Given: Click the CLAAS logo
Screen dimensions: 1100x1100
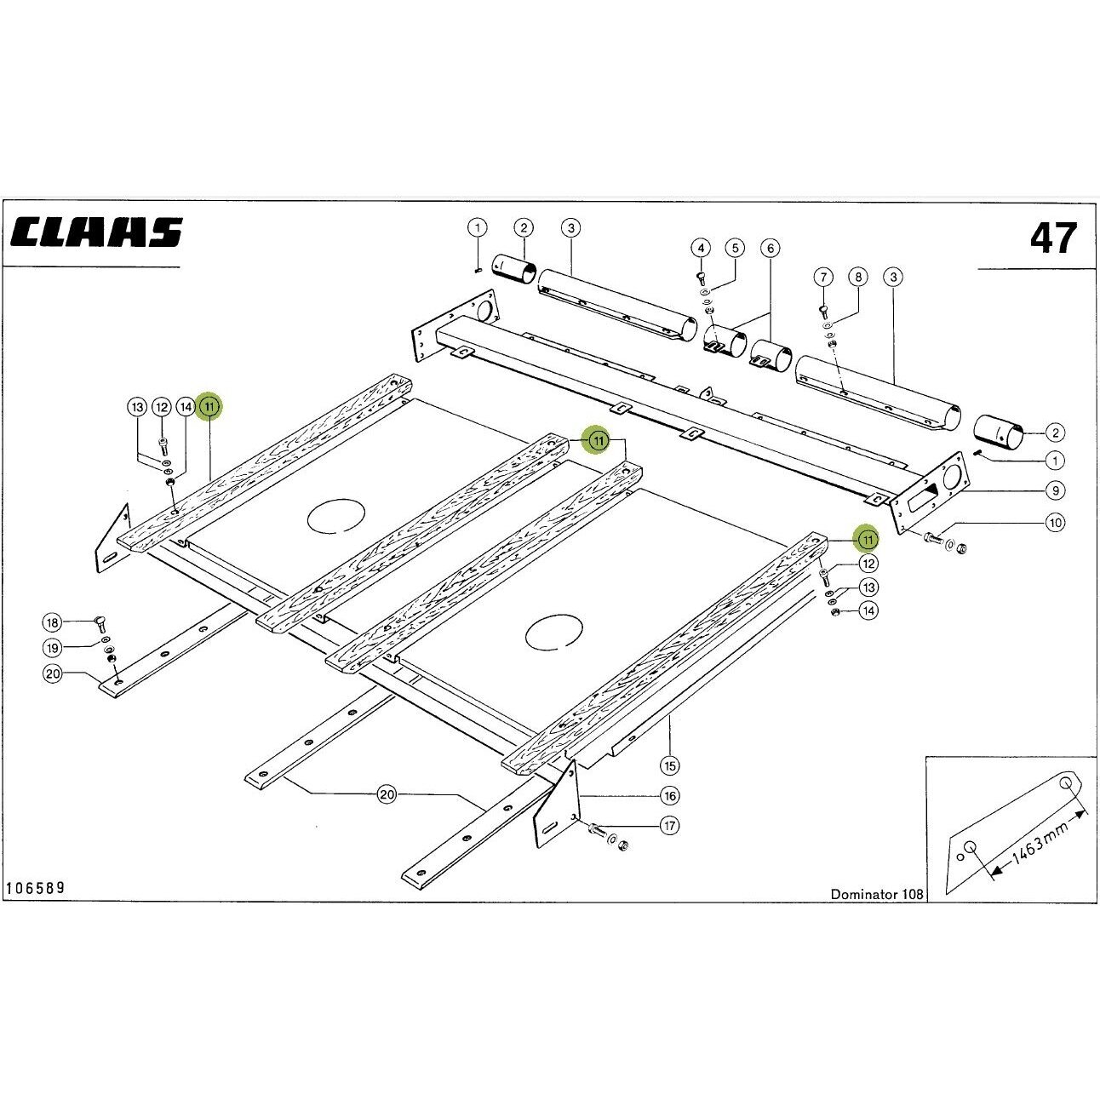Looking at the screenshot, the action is click(x=96, y=232).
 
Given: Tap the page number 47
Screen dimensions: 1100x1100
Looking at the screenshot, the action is click(x=1053, y=238).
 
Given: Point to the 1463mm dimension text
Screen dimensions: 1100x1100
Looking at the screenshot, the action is click(x=1039, y=840).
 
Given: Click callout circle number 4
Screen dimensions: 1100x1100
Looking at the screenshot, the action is click(x=701, y=248).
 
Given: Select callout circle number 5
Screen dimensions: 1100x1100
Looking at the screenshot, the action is click(x=735, y=248).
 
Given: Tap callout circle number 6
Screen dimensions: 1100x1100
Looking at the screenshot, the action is click(x=770, y=248).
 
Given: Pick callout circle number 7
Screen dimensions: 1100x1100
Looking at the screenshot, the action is click(x=823, y=278).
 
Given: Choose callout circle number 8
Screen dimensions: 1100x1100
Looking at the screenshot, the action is click(x=858, y=278).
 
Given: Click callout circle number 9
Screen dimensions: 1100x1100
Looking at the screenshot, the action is click(x=1056, y=490).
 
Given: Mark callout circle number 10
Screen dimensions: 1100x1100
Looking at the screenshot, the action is click(x=1056, y=522).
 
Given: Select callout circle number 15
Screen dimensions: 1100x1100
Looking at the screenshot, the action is click(x=669, y=765).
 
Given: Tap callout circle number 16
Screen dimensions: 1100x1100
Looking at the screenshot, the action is click(x=669, y=795).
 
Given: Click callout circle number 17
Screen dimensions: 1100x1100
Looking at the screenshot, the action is click(x=669, y=826).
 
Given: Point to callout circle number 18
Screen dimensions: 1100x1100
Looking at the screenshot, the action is click(x=53, y=622).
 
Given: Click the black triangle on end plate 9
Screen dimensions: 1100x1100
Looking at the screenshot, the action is click(x=931, y=490).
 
